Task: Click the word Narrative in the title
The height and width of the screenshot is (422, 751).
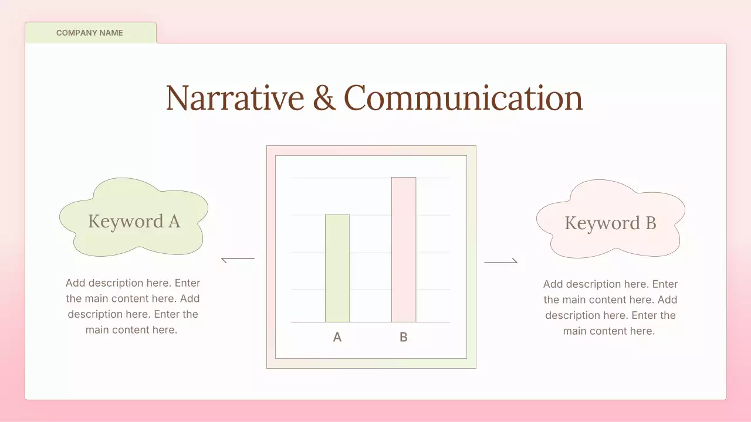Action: coord(235,98)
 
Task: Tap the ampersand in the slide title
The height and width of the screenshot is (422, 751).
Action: coord(324,98)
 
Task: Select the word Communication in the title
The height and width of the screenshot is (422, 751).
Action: coord(463,98)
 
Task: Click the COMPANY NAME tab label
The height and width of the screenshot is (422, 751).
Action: coord(90,33)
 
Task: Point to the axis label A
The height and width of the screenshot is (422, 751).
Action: coord(337,337)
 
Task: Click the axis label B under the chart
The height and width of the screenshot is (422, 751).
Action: coord(404,337)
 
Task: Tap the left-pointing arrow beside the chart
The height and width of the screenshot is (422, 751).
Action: coord(238,259)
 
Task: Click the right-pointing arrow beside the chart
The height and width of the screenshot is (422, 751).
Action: coord(501,261)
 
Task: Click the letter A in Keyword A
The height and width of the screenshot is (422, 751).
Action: coord(174,221)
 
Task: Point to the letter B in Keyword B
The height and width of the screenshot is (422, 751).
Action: coord(650,223)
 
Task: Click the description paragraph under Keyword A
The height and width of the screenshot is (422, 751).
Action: coord(133,307)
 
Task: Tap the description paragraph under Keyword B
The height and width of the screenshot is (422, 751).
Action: coord(610,308)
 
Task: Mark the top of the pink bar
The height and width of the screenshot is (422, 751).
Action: coord(404,178)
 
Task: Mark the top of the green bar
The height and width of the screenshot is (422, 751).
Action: coord(337,215)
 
